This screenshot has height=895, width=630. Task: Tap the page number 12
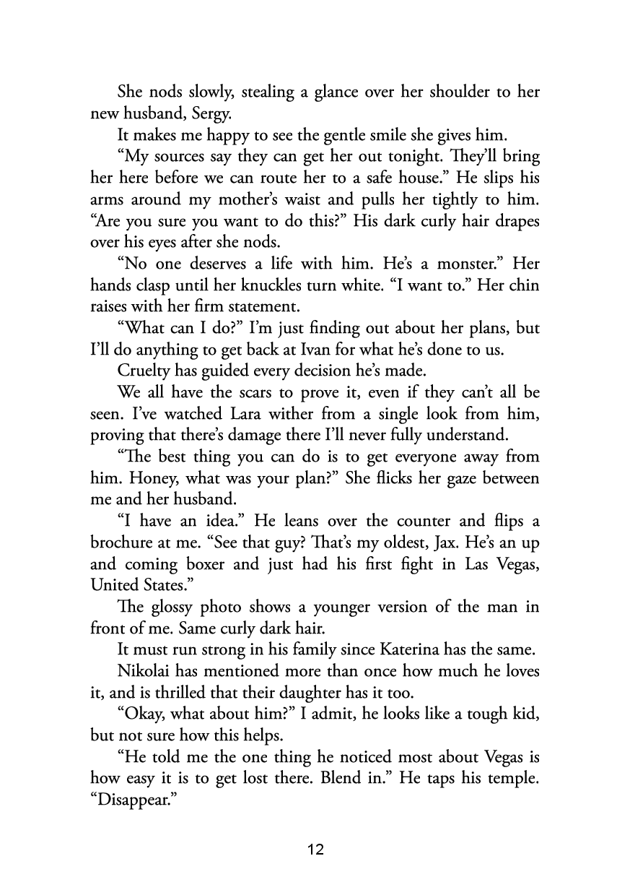[315, 849]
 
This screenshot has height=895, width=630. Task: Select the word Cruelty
[144, 371]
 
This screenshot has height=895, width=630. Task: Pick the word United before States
[113, 587]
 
